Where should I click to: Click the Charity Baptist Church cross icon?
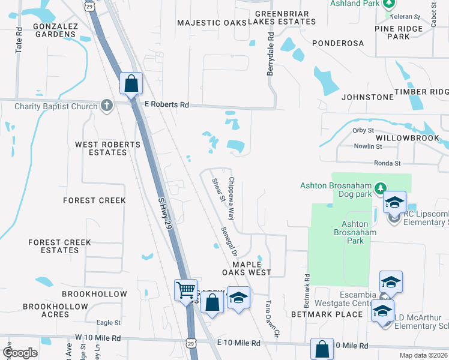click(107, 106)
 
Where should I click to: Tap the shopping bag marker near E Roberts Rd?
click(131, 84)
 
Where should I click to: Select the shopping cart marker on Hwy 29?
click(185, 290)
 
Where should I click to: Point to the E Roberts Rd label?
click(167, 104)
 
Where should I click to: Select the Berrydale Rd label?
click(270, 54)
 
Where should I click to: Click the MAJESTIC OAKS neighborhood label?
click(212, 23)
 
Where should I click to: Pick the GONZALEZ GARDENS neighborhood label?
click(55, 30)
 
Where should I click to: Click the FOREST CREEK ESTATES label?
click(60, 246)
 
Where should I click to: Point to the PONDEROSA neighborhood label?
click(337, 44)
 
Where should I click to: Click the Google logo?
click(20, 353)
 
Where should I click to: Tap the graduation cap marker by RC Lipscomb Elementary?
click(394, 202)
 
